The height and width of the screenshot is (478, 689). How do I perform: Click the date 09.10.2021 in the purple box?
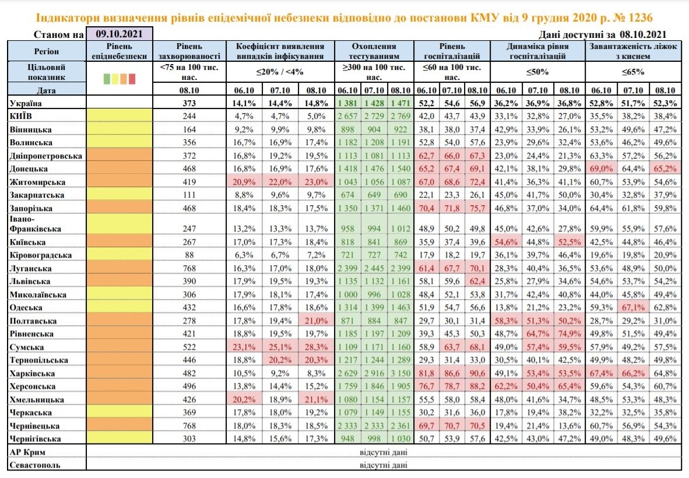(119, 34)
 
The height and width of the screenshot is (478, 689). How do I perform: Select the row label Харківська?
(33, 373)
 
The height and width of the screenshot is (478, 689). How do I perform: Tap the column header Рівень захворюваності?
(189, 51)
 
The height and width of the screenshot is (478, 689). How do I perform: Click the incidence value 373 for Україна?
(189, 103)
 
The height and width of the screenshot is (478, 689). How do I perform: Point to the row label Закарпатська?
(37, 195)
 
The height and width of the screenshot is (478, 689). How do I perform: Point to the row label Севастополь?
(35, 465)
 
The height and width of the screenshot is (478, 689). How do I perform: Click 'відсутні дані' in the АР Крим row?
(384, 452)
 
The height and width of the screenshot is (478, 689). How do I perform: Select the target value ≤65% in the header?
(633, 72)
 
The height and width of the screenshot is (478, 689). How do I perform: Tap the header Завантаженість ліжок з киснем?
(633, 51)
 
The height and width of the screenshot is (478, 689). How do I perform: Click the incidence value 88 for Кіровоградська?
(189, 255)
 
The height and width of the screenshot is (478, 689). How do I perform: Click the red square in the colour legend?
(132, 78)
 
